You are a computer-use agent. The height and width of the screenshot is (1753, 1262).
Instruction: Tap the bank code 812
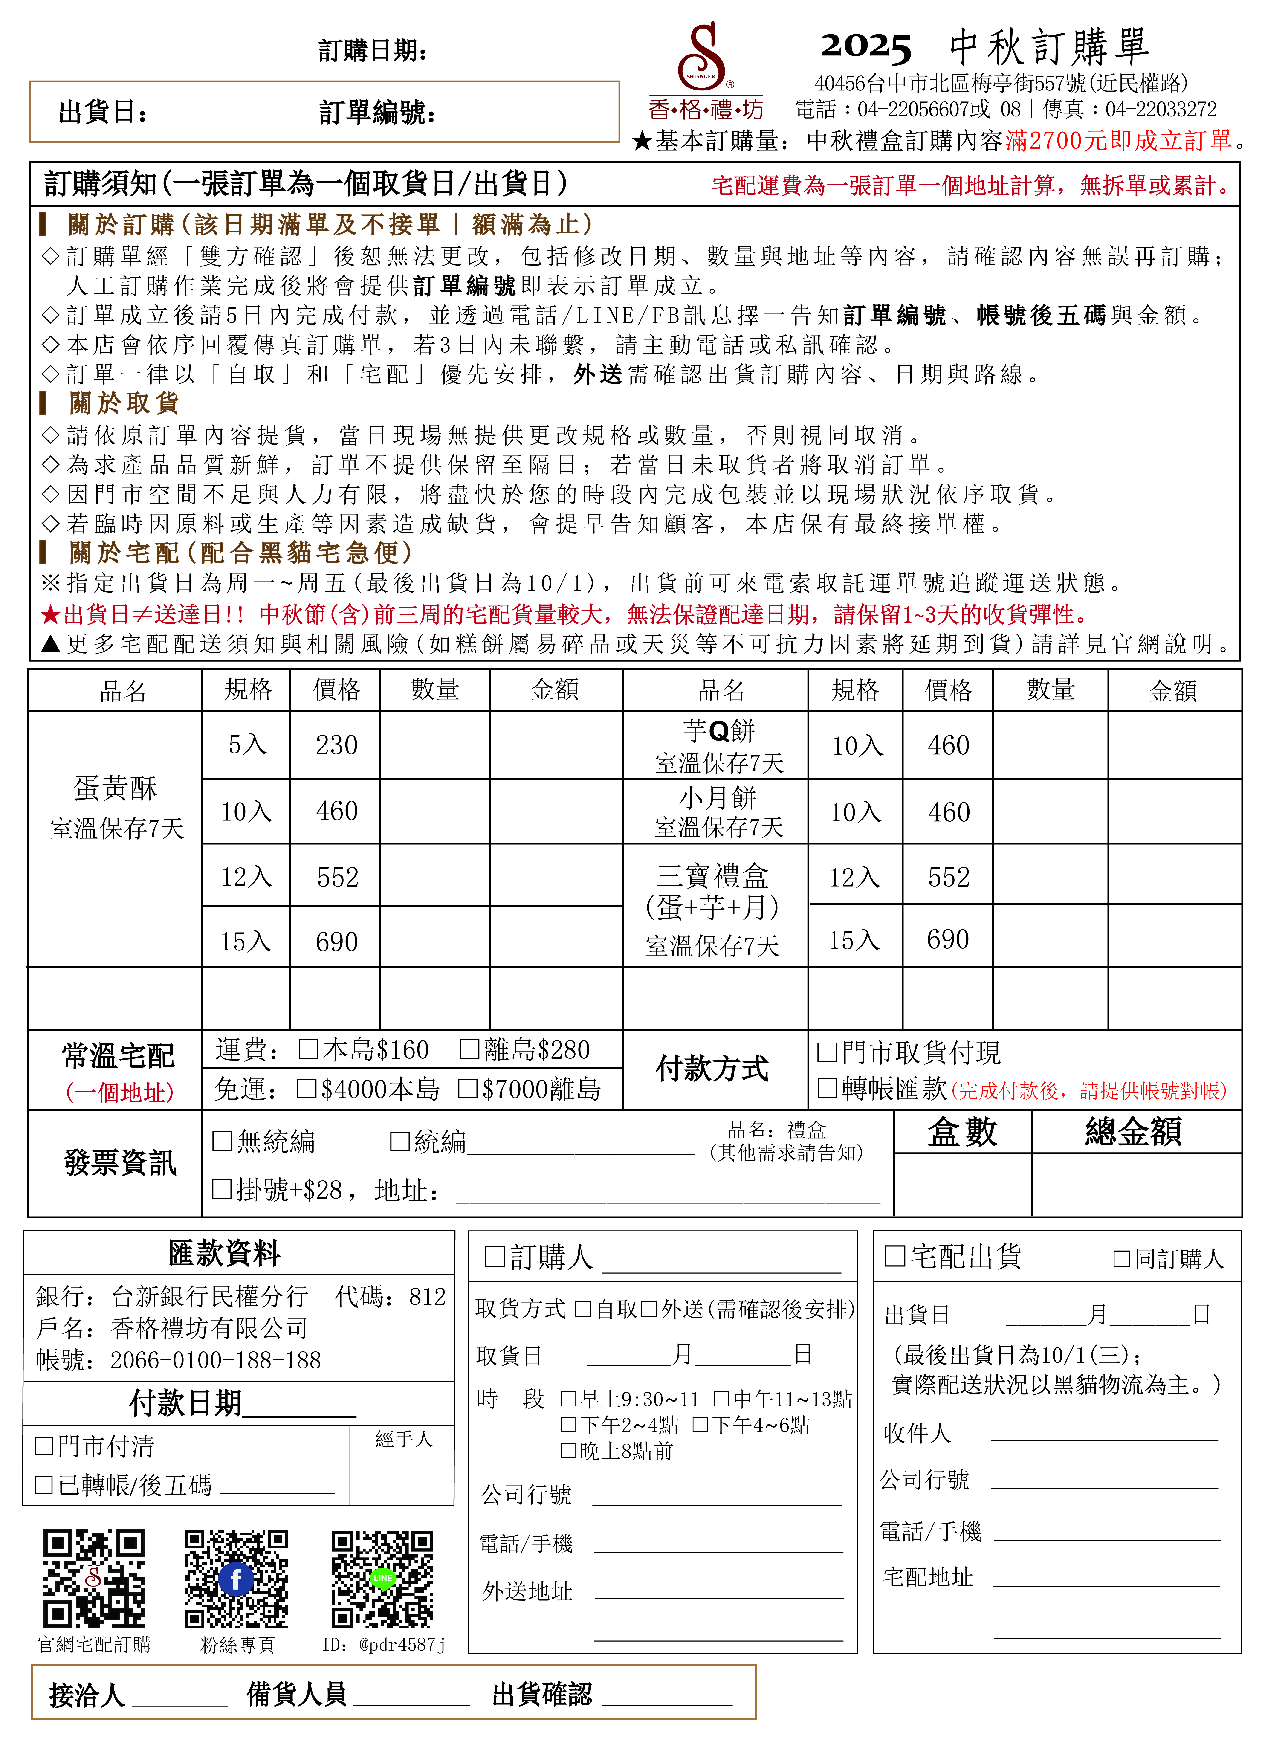(x=427, y=1296)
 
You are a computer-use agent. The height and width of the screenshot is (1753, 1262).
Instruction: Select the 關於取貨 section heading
(x=124, y=403)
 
